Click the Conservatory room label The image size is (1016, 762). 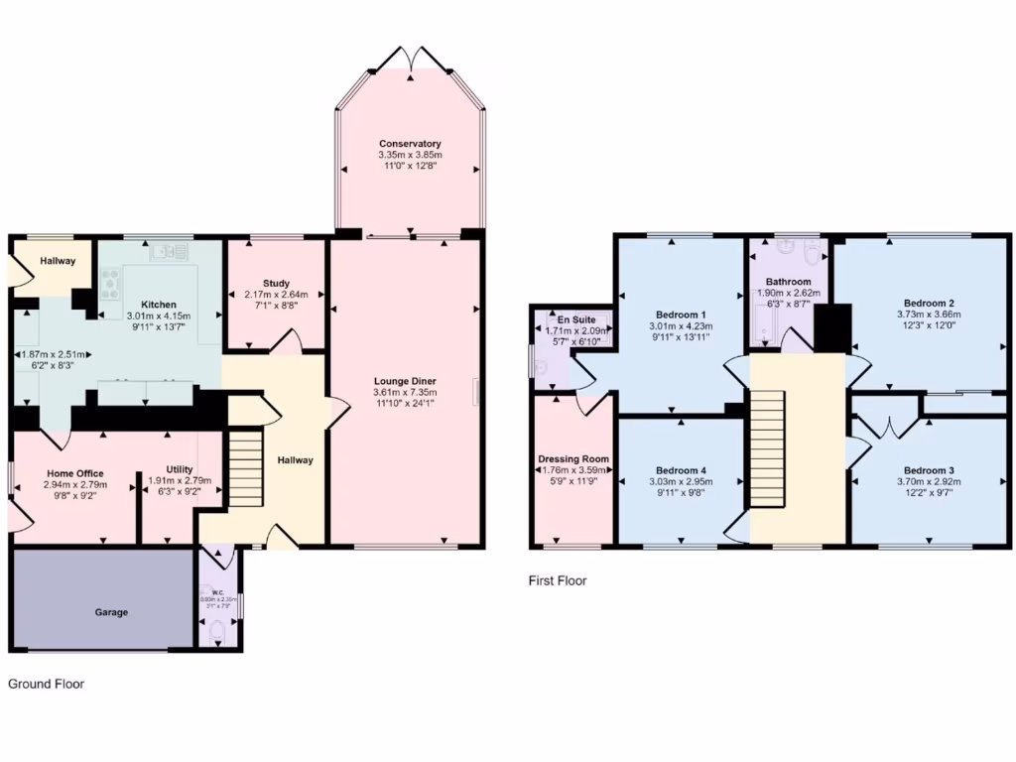(x=409, y=144)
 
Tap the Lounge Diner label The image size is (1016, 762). (x=405, y=380)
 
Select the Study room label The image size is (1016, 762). (x=276, y=283)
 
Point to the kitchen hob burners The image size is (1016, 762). (x=110, y=284)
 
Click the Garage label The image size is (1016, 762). (x=111, y=612)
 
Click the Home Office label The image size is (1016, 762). (x=73, y=473)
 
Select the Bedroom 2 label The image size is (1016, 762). (x=929, y=303)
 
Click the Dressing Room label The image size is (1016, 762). (x=572, y=459)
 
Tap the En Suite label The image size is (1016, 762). (x=571, y=319)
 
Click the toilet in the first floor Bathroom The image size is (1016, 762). (x=815, y=254)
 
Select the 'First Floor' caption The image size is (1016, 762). (x=557, y=580)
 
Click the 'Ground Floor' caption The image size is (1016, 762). (x=46, y=684)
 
